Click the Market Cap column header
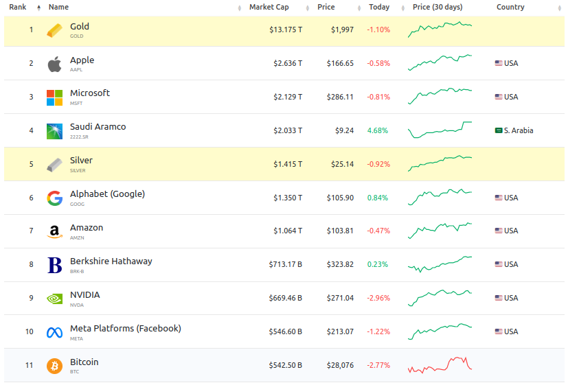269,8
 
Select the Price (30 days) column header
438,8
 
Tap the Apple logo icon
54,65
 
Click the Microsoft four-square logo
54,97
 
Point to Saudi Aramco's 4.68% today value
378,130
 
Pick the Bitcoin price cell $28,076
341,366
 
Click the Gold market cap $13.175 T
285,30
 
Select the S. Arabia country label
518,130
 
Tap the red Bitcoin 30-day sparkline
440,364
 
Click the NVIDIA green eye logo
54,299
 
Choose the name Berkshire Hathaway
111,261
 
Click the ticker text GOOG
78,204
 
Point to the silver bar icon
54,165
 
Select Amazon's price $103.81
341,231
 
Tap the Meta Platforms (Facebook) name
126,329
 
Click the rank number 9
31,299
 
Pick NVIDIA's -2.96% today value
378,299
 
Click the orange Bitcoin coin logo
54,366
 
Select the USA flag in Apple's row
499,63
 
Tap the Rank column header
17,8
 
